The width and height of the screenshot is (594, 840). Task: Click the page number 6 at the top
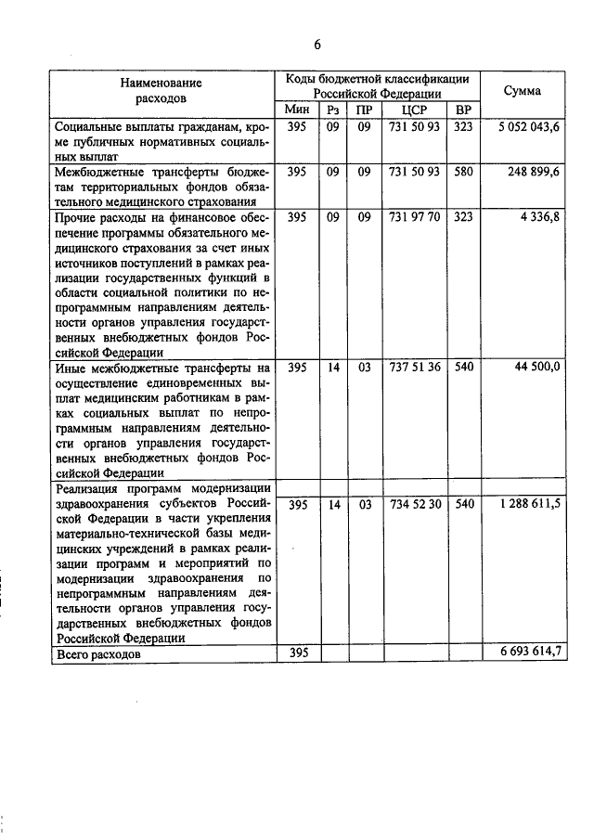tap(316, 45)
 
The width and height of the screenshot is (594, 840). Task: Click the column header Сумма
tap(523, 90)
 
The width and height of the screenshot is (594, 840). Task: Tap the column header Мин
tap(297, 110)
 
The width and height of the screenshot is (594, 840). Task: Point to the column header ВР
tap(463, 110)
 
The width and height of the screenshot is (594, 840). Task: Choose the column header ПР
tap(364, 110)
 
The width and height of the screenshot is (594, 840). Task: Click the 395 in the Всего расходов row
tap(297, 653)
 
